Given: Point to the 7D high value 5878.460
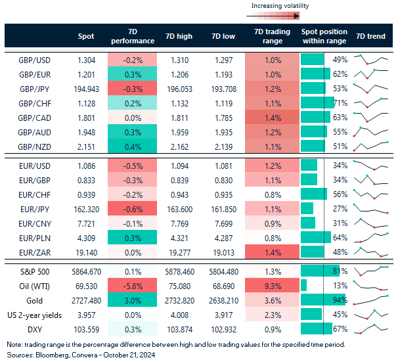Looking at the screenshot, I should (179, 271).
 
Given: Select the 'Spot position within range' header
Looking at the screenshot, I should (324, 36).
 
